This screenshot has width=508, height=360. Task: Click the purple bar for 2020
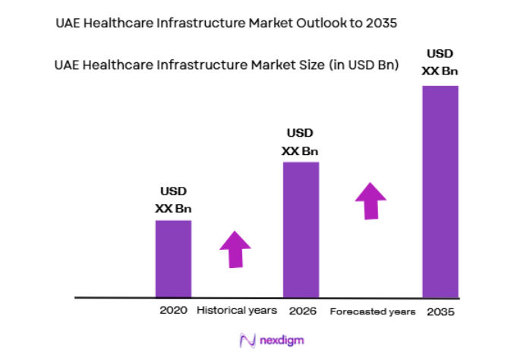pyautogui.click(x=173, y=258)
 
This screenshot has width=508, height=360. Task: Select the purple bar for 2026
pyautogui.click(x=301, y=229)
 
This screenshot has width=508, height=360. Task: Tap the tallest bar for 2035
pyautogui.click(x=440, y=191)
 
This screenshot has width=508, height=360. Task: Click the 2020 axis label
pyautogui.click(x=172, y=311)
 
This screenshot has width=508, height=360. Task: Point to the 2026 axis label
pyautogui.click(x=301, y=311)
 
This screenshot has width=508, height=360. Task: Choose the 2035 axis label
pyautogui.click(x=440, y=311)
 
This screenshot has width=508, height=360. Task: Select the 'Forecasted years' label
pyautogui.click(x=373, y=311)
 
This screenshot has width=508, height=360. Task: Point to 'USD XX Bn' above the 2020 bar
pyautogui.click(x=173, y=200)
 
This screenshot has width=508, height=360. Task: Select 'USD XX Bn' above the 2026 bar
pyautogui.click(x=300, y=142)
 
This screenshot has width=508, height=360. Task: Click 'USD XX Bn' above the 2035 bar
pyautogui.click(x=440, y=62)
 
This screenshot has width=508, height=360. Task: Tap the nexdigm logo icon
pyautogui.click(x=246, y=340)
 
